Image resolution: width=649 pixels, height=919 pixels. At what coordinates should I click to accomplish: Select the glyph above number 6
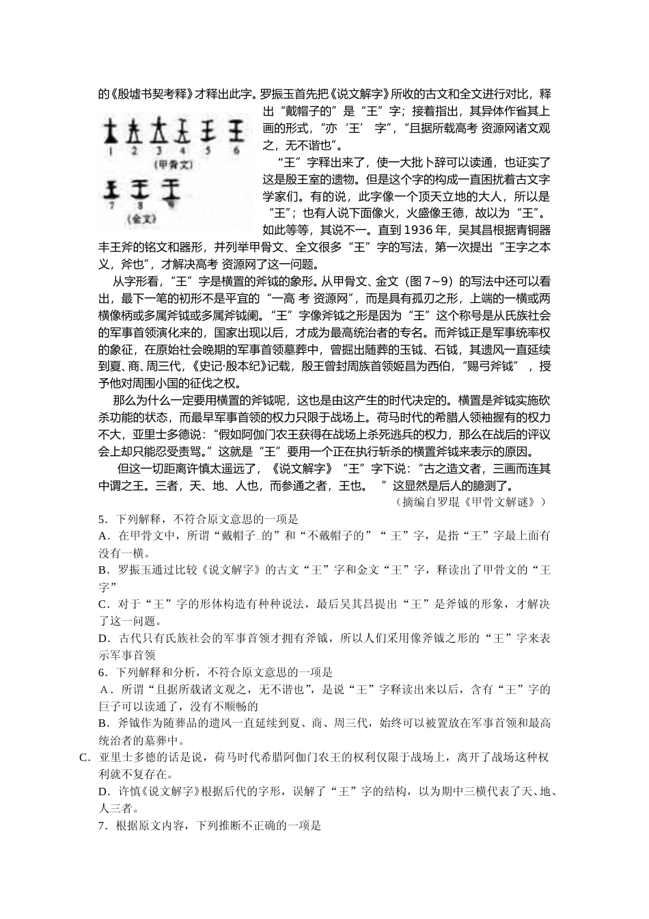click(x=236, y=130)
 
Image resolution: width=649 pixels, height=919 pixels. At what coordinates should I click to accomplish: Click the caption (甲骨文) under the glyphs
click(x=174, y=164)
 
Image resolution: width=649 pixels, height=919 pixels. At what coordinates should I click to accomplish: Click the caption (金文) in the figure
click(x=142, y=219)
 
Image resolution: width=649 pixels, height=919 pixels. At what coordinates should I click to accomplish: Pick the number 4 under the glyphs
click(x=182, y=150)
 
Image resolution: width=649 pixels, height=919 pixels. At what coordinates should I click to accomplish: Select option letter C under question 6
click(x=84, y=757)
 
